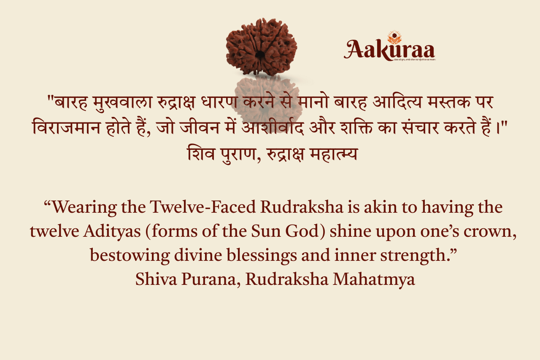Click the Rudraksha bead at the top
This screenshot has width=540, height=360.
point(262,46)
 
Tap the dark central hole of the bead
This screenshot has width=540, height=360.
point(260,54)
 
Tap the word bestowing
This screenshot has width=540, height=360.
point(124,255)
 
